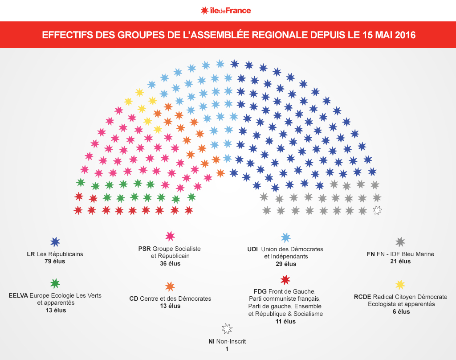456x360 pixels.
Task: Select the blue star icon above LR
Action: pos(55,242)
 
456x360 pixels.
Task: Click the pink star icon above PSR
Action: pos(170,236)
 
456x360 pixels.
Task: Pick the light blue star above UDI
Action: pos(285,237)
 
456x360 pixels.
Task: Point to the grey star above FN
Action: pos(400,242)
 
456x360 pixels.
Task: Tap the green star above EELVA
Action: pos(55,283)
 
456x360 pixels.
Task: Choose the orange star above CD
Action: pos(170,286)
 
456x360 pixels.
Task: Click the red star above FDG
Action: pos(285,280)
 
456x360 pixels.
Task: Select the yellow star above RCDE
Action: pos(400,285)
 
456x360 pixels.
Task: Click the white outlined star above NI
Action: pos(227,329)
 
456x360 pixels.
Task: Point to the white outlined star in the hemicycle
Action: pos(377,210)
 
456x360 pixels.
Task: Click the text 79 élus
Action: pos(55,262)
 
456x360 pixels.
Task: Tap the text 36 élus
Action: pos(170,263)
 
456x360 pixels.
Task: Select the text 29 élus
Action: pos(285,264)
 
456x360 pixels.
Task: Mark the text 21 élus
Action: pos(400,262)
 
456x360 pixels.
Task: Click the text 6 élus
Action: pos(400,311)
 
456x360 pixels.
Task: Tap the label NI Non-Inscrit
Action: pos(227,342)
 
